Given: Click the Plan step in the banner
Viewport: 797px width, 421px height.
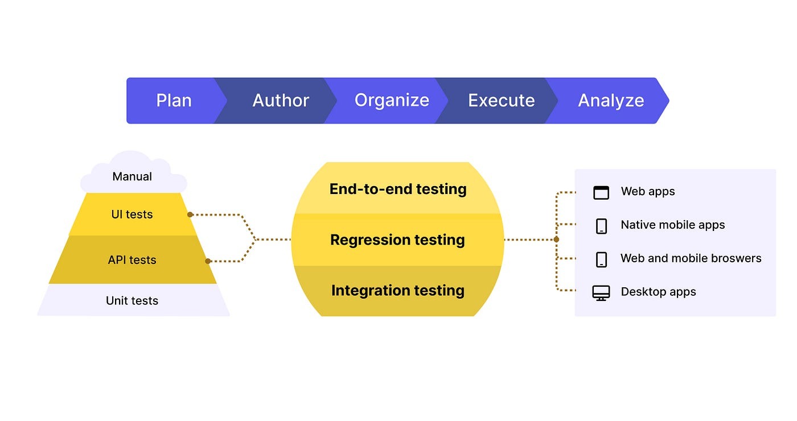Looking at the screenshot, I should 174,101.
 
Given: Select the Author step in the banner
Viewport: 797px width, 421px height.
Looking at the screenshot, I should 280,101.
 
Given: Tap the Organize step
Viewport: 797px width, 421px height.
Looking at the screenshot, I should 392,101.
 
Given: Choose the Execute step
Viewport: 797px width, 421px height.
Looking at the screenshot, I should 501,101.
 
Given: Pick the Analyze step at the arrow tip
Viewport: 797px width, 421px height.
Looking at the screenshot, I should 611,101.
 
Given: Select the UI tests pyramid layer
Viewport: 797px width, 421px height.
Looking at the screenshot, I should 132,214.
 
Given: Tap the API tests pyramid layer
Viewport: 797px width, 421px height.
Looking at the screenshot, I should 132,260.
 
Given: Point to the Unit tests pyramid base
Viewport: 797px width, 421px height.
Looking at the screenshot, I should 132,300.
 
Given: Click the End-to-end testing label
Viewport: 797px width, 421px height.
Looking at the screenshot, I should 398,189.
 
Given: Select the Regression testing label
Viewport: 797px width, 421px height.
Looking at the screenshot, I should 397,240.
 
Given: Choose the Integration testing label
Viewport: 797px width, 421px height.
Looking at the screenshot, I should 397,290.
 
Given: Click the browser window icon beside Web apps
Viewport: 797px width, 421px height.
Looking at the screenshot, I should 601,192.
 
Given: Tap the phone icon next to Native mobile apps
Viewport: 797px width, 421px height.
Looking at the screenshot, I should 601,226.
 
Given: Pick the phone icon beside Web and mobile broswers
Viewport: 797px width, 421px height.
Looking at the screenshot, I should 601,259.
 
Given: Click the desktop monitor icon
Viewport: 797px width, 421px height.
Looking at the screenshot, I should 601,293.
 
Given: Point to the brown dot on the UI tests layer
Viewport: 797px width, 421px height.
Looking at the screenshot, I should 190,214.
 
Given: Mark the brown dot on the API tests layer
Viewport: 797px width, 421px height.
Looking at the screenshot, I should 208,261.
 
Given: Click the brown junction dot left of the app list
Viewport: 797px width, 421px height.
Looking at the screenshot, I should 556,240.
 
